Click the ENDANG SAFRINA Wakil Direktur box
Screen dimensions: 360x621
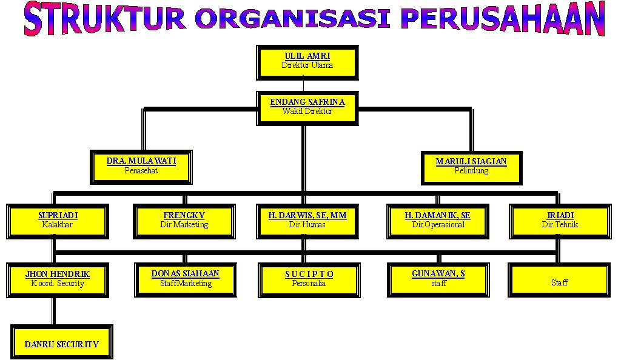pyautogui.click(x=307, y=108)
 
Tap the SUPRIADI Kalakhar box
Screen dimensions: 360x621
pyautogui.click(x=58, y=221)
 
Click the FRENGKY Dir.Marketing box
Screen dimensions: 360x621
pyautogui.click(x=184, y=221)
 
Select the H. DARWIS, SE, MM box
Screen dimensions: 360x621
pyautogui.click(x=307, y=221)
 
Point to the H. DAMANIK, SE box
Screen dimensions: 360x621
pyautogui.click(x=437, y=221)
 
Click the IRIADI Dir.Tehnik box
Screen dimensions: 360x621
pyautogui.click(x=559, y=221)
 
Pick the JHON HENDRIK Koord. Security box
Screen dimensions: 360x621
pyautogui.click(x=58, y=279)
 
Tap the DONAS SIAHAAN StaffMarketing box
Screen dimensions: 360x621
pyautogui.click(x=185, y=279)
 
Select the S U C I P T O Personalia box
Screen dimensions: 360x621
pyautogui.click(x=309, y=279)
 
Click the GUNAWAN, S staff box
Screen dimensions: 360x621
pyautogui.click(x=438, y=279)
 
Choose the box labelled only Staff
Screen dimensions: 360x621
pyautogui.click(x=559, y=281)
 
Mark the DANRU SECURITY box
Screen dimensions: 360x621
pyautogui.click(x=61, y=342)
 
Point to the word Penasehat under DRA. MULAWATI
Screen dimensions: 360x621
pyautogui.click(x=141, y=171)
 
